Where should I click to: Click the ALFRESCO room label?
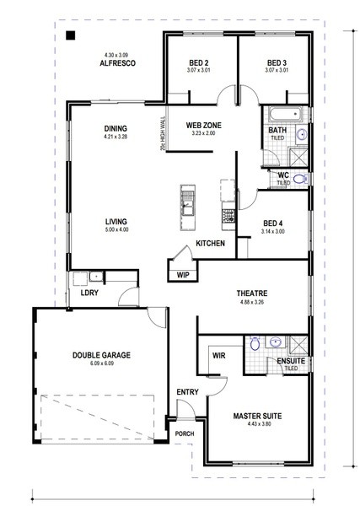coord(117,63)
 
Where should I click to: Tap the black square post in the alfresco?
coord(70,35)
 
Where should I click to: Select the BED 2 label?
coord(199,63)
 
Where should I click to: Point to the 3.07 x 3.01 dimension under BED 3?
coord(277,70)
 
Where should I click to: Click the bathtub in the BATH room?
coord(285,114)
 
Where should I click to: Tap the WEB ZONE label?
coord(203,125)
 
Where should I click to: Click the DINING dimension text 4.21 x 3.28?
coord(116,137)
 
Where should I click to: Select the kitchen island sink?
coord(188,203)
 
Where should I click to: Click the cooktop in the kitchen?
coord(228,216)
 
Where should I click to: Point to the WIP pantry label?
coord(183,275)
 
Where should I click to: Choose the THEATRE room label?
coord(252,293)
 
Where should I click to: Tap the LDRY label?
coord(89,293)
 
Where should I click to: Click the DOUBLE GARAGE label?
coord(102,355)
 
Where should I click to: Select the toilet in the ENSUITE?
coord(255,343)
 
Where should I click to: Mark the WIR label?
coord(218,356)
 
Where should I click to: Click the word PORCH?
coord(185,433)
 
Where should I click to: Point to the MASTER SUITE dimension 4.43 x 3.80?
coord(257,423)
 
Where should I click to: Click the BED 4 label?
coord(273,223)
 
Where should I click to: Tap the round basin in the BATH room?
coord(302,134)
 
